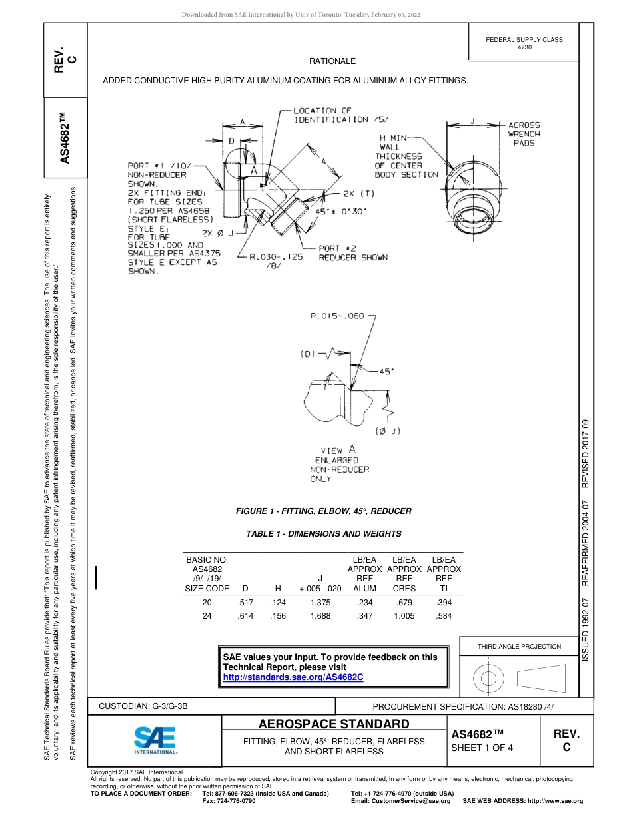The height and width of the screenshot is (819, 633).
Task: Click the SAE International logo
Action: [x=155, y=739]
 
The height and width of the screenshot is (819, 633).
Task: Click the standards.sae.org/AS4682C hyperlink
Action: [x=293, y=677]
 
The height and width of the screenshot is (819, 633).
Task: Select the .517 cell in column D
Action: [x=245, y=603]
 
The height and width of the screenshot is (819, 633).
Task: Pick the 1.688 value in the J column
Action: [x=320, y=616]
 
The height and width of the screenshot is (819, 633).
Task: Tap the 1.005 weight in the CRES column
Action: [x=404, y=616]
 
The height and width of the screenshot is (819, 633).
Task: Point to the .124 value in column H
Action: [x=278, y=603]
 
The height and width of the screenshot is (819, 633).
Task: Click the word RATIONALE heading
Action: [x=332, y=61]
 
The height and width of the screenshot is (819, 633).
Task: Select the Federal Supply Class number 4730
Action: [x=524, y=47]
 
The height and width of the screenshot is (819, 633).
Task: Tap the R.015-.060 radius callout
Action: [x=337, y=316]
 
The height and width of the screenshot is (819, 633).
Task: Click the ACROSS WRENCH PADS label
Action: [x=524, y=134]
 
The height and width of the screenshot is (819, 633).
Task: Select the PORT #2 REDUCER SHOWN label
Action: [x=352, y=253]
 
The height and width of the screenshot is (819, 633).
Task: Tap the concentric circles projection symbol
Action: [x=489, y=679]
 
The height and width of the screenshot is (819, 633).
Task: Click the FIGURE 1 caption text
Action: [x=323, y=511]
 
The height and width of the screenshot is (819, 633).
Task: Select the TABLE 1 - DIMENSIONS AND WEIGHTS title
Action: [x=323, y=533]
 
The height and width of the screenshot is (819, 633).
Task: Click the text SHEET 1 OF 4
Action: [x=482, y=747]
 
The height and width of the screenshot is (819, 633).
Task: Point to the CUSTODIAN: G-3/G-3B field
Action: [x=148, y=706]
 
